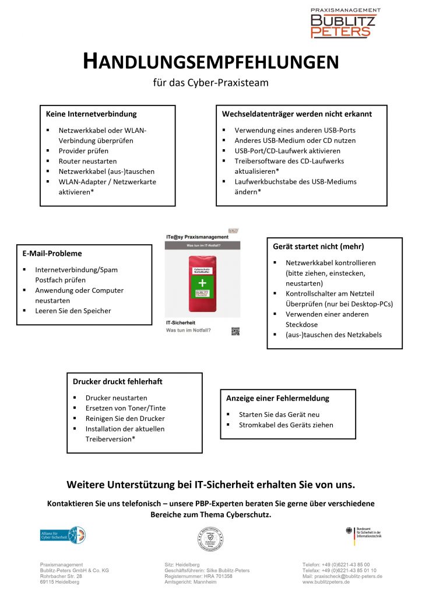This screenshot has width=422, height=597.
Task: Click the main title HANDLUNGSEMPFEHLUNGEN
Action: [210, 61]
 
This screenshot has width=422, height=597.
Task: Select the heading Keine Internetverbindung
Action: [91, 114]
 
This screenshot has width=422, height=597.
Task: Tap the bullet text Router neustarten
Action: [87, 161]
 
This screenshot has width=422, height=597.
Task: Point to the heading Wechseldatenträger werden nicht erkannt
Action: [297, 114]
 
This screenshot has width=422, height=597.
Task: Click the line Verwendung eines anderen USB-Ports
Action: [295, 130]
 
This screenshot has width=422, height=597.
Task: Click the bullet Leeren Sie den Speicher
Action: [73, 311]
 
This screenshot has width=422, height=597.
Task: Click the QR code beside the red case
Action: [235, 331]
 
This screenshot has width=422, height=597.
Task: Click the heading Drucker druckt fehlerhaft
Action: [117, 381]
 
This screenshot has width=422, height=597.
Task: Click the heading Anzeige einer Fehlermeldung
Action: [277, 398]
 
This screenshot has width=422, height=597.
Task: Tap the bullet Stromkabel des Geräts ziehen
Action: [286, 425]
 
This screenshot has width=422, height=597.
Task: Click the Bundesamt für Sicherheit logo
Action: [362, 535]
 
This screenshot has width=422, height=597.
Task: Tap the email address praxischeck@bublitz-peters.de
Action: [342, 576]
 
